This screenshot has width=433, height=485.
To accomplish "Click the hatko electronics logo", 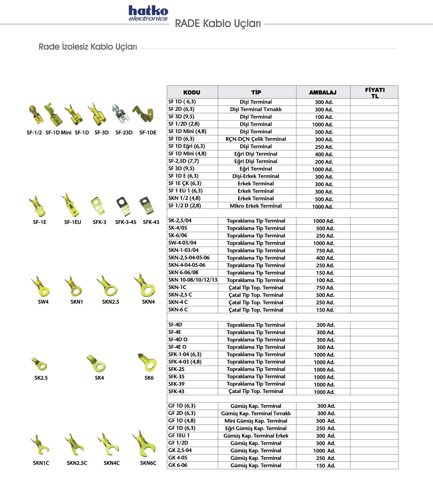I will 148,13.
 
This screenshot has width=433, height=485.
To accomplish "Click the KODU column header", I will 192,92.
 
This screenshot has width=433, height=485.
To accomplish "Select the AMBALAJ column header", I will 323,92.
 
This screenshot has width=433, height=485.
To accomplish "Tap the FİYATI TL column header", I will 375,92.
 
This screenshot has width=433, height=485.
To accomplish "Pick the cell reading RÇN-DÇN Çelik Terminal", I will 256,139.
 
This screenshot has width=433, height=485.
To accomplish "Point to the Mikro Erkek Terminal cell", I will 256,206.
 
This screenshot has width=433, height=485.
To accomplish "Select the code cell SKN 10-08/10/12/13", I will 193,280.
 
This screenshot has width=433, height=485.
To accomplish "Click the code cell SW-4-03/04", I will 182,243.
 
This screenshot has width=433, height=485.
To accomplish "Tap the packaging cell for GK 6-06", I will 325,466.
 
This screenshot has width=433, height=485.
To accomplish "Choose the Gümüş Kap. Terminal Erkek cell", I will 256,436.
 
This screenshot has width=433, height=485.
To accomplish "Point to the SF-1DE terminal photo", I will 143,114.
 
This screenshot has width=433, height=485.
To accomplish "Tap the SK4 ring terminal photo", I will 97,363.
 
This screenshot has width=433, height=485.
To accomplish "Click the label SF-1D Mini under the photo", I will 58,133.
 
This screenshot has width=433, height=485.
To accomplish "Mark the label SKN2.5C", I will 77,463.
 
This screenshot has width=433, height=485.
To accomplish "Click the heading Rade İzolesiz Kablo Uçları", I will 88,47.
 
